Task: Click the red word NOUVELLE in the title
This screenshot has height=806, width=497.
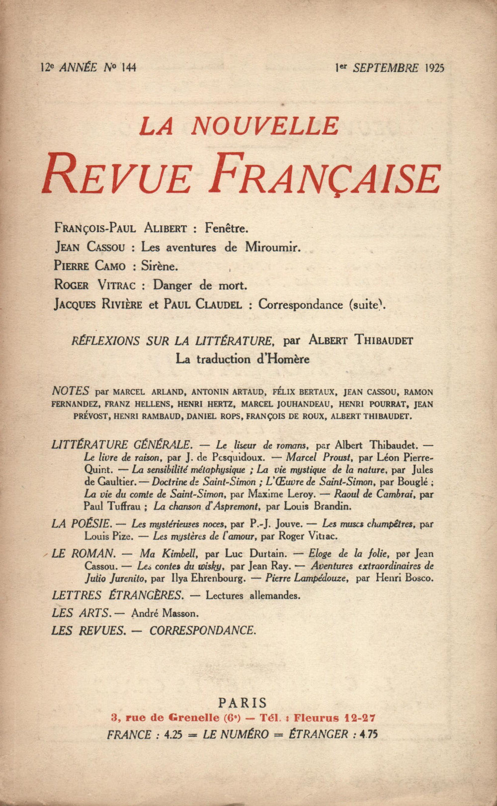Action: point(265,126)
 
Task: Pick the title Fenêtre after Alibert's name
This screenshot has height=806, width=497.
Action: point(226,228)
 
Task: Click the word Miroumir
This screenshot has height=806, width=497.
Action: point(272,247)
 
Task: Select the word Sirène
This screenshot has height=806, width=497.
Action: point(159,266)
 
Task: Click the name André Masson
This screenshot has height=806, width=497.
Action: point(165,613)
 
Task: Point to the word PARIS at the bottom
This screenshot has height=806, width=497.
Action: point(243,703)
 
